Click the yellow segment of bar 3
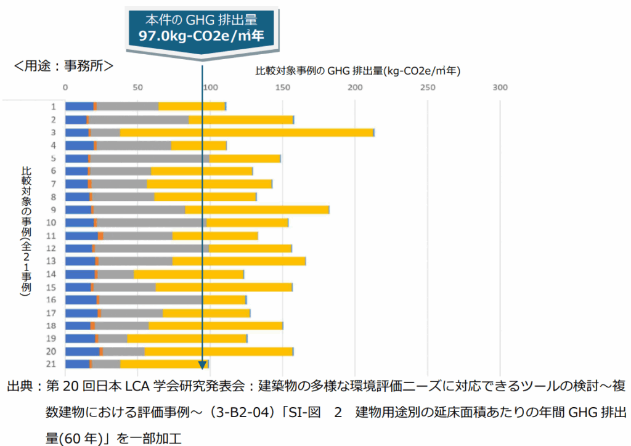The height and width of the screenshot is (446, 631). point(246,132)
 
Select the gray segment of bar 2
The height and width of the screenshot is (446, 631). point(139,120)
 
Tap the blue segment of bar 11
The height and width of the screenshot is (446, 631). point(81,236)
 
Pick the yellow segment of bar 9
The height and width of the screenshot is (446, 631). point(257,210)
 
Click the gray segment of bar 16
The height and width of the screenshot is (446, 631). point(151,300)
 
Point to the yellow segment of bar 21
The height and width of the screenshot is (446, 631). point(164,364)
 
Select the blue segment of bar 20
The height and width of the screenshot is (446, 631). point(82,351)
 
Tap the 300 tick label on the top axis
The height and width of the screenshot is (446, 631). point(500,87)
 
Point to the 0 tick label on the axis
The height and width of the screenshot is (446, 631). point(66,87)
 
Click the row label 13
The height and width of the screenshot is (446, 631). point(54,261)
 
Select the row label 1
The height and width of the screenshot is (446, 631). point(54,107)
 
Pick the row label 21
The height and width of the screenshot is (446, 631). point(54,364)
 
